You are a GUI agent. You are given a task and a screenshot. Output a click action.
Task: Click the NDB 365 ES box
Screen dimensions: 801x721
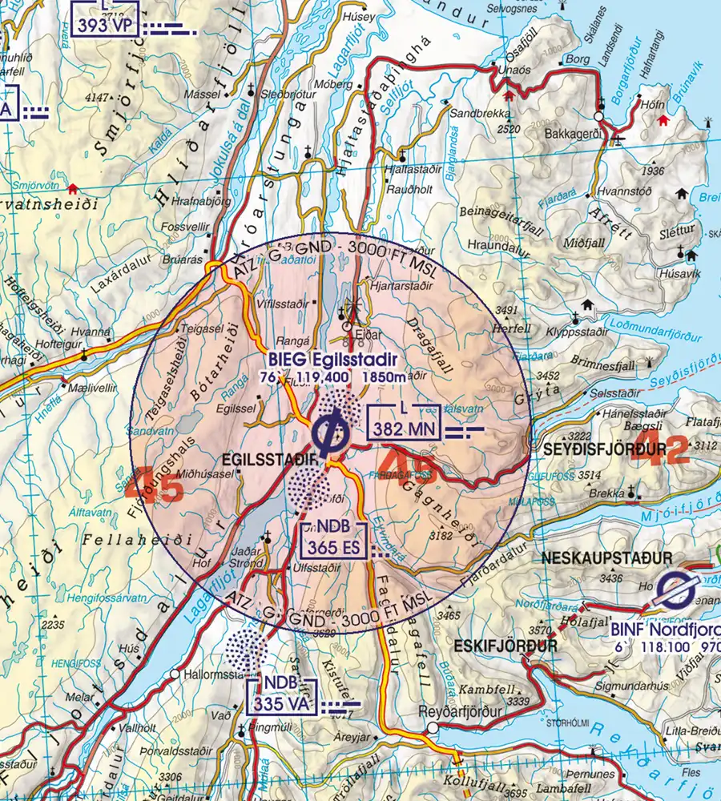[x=332, y=541]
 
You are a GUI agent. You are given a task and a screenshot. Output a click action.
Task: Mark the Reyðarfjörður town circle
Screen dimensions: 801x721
[x=433, y=728]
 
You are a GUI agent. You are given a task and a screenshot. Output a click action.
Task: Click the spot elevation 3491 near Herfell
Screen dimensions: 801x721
[x=506, y=309]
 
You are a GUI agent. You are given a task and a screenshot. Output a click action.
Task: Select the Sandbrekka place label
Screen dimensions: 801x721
[x=474, y=114]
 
